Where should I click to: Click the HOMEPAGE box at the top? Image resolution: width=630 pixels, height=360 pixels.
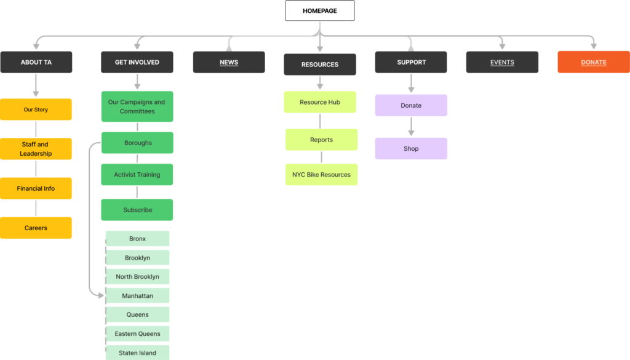coord(320,11)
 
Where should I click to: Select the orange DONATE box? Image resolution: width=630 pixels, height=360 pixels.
coord(594,62)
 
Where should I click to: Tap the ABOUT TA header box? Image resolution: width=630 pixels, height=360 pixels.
coord(36,62)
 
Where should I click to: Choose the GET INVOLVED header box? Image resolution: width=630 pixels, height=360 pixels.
coord(137,62)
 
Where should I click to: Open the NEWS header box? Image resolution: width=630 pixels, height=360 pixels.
coord(229,62)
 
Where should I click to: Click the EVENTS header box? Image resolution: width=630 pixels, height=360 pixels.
coord(502,62)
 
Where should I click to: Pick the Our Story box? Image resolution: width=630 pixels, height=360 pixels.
coord(36,110)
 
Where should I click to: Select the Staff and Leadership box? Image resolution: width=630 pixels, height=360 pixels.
coord(36,149)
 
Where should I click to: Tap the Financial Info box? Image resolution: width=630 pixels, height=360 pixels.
coord(36,188)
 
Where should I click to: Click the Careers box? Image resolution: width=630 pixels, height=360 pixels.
coord(36,228)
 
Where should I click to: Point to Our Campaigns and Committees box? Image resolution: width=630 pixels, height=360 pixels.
coord(137,106)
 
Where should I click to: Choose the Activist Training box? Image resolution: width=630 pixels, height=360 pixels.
coord(137,174)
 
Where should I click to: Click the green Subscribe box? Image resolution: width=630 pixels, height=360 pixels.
coord(137,210)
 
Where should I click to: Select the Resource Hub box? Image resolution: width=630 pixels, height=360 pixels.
coord(320,102)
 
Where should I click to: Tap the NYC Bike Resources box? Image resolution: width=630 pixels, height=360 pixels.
coord(321,174)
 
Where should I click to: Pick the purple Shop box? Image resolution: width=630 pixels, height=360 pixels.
coord(411,149)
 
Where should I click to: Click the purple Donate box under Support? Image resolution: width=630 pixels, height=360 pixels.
coord(411,105)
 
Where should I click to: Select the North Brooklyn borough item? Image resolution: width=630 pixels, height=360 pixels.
coord(137,276)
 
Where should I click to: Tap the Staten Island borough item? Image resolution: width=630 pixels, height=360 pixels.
coord(137,353)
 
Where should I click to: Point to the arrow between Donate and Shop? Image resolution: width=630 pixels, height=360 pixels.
coord(411,127)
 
